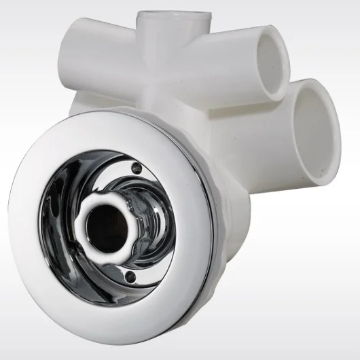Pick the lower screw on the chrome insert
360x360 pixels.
pyautogui.click(x=133, y=276)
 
